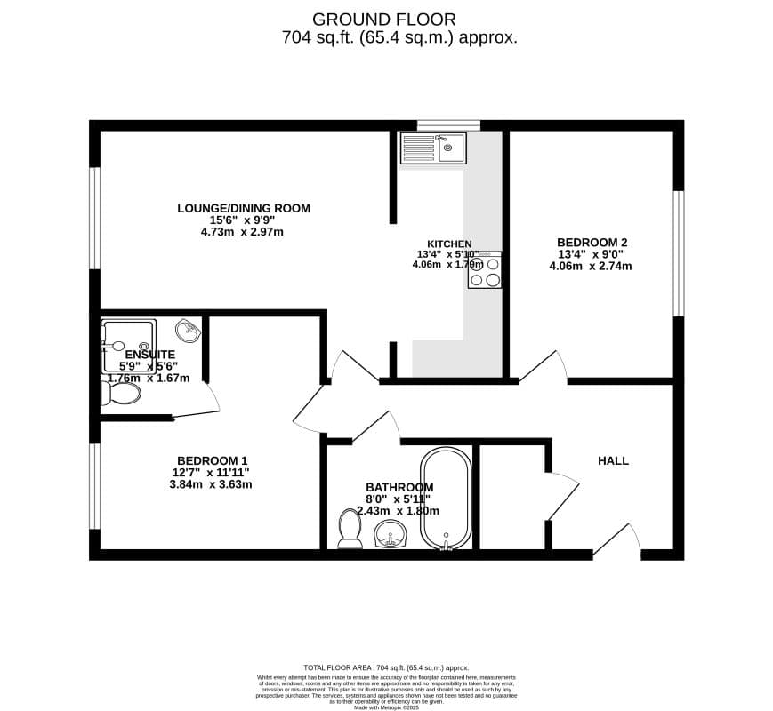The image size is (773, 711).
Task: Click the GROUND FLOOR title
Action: pyautogui.click(x=384, y=19)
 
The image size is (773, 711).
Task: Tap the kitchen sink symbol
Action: pyautogui.click(x=432, y=148)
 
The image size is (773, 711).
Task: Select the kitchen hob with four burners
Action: pyautogui.click(x=485, y=271)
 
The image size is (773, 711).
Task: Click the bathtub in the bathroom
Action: pyautogui.click(x=446, y=499)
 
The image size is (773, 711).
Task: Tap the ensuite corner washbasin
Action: pyautogui.click(x=189, y=332)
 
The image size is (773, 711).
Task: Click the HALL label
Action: pyautogui.click(x=613, y=460)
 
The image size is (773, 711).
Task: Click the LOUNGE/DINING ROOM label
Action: pyautogui.click(x=244, y=209)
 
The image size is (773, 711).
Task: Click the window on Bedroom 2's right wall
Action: pyautogui.click(x=678, y=253)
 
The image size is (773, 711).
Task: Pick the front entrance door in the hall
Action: pyautogui.click(x=616, y=540)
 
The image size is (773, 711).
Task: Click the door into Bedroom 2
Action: pyautogui.click(x=544, y=367)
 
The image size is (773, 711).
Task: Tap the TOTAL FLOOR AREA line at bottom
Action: pyautogui.click(x=385, y=667)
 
